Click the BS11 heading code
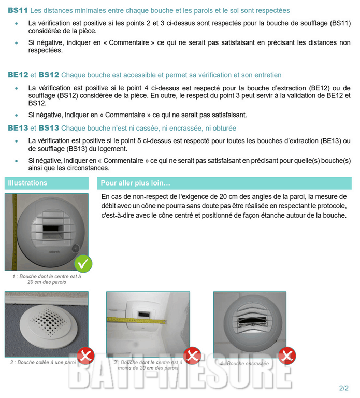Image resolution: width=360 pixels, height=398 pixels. coord(18,10)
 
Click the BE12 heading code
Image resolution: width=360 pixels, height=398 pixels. coord(18,75)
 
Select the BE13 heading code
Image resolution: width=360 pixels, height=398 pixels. coord(18,127)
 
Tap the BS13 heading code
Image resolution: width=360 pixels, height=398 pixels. coord(49,127)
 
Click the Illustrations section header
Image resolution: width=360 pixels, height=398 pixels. coord(27,183)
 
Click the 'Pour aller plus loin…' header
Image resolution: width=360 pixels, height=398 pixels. coord(135,183)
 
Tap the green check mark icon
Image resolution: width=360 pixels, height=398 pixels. coord(83,263)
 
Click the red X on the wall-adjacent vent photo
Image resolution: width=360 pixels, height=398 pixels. coord(85,356)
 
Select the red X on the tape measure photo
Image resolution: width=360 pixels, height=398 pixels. coord(192,356)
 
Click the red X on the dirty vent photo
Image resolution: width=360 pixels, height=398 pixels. coord(286,356)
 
